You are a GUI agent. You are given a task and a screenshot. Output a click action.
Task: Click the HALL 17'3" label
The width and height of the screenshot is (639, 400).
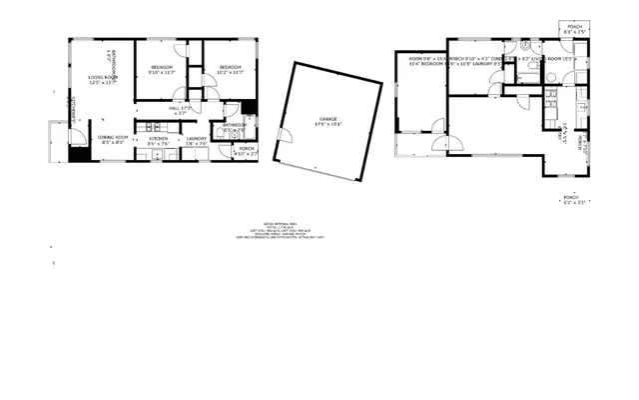180,110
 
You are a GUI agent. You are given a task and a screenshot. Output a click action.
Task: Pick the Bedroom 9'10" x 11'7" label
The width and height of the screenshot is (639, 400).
161,69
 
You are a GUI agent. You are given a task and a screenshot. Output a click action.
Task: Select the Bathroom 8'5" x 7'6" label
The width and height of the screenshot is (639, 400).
235,128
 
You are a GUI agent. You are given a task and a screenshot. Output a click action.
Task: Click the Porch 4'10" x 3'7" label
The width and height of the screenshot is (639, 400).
246,151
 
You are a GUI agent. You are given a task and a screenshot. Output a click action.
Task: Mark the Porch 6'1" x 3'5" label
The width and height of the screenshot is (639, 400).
572,199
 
